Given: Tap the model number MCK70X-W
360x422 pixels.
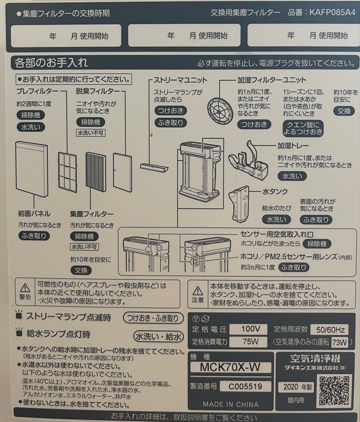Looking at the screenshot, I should pos(230,367).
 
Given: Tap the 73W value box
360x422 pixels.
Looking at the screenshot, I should pos(340,343).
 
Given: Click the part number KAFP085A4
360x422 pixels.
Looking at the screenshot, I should pos(333,13).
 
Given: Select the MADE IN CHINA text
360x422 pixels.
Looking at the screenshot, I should pos(230,404).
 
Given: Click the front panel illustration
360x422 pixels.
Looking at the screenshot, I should pos(32,168).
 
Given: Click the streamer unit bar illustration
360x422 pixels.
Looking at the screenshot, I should pos(154,167).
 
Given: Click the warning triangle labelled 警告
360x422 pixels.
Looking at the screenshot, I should pos(25,288).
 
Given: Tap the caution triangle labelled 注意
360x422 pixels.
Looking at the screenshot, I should pos(198,291).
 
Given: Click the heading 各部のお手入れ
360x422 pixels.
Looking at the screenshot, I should pos(51,63).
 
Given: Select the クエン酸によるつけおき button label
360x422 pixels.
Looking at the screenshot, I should pos(303,128).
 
